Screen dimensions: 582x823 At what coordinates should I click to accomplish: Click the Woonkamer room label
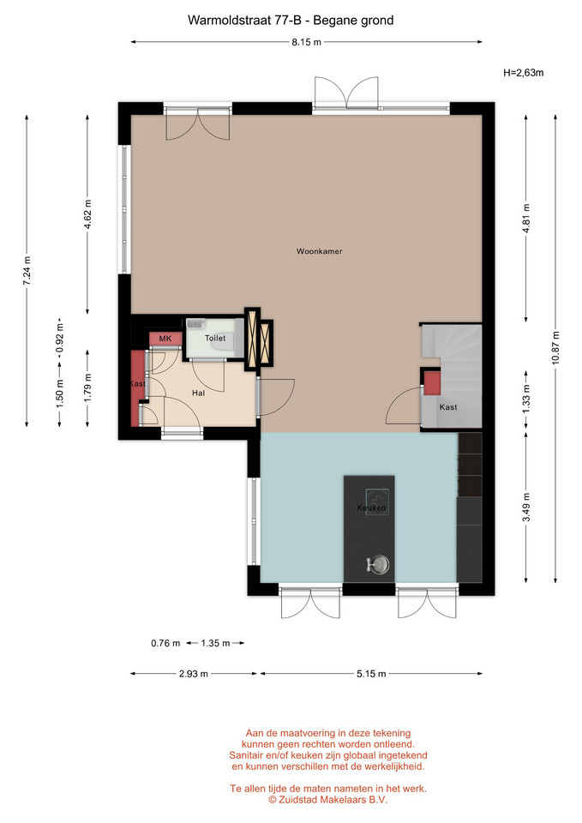pyautogui.click(x=319, y=251)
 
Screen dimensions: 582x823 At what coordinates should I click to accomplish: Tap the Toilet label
pyautogui.click(x=215, y=338)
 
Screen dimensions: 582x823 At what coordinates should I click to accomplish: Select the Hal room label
pyautogui.click(x=198, y=393)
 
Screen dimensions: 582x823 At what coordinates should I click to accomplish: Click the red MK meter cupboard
pyautogui.click(x=165, y=339)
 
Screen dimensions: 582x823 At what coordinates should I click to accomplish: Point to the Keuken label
pyautogui.click(x=371, y=508)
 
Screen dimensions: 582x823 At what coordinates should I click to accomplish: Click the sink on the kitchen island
pyautogui.click(x=378, y=564)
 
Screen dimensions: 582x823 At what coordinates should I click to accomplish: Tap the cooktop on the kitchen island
pyautogui.click(x=377, y=502)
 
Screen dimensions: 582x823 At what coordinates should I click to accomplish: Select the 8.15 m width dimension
pyautogui.click(x=307, y=42)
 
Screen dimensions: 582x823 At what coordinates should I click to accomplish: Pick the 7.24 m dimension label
pyautogui.click(x=27, y=270)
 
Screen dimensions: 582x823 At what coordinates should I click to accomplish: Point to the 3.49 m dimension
pyautogui.click(x=526, y=507)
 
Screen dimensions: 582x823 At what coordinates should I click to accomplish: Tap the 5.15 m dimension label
pyautogui.click(x=371, y=674)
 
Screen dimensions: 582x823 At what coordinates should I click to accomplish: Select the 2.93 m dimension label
pyautogui.click(x=194, y=674)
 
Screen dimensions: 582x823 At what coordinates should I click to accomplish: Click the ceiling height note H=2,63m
pyautogui.click(x=523, y=73)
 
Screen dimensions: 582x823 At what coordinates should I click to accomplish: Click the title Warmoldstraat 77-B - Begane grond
pyautogui.click(x=291, y=21)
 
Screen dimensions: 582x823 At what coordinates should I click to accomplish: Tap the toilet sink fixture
pyautogui.click(x=195, y=323)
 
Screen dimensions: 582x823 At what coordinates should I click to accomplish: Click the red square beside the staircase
pyautogui.click(x=432, y=383)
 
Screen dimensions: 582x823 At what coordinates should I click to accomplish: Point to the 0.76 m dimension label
pyautogui.click(x=165, y=643)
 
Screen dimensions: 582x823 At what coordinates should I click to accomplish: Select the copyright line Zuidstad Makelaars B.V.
pyautogui.click(x=328, y=800)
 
